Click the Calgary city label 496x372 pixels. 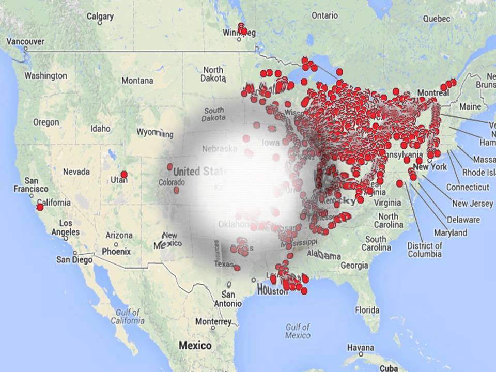point(100,17)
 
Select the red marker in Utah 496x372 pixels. point(123,175)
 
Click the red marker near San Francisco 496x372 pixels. point(40,207)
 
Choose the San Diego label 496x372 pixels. point(74,260)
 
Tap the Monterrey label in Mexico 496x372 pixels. point(213,322)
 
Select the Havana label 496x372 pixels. point(361,347)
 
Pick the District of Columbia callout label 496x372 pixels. point(424,250)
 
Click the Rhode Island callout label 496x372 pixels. point(479,173)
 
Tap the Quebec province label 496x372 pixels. point(437,18)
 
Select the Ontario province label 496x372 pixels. point(324,16)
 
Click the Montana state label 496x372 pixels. point(137,81)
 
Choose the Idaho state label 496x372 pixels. point(100,128)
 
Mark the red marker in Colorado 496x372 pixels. point(169,167)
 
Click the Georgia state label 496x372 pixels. point(354,266)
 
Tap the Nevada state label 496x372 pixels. point(76,172)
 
